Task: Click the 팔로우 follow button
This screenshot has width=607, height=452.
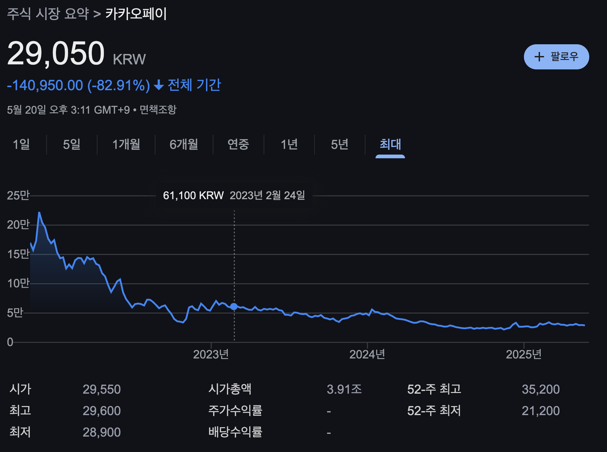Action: [556, 57]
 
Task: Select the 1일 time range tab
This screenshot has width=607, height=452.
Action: [21, 145]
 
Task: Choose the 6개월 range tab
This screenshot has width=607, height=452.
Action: [184, 145]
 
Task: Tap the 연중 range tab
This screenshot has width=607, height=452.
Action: [238, 145]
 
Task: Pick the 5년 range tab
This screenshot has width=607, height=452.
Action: [339, 145]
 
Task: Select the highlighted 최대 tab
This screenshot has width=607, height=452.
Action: [390, 145]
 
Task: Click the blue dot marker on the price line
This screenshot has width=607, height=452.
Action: [234, 306]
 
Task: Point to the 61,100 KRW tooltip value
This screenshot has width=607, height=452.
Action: [193, 195]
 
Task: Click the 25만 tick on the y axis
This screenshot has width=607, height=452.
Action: [18, 195]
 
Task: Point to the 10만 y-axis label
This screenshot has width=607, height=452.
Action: [18, 284]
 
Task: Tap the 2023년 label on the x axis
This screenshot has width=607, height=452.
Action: [211, 354]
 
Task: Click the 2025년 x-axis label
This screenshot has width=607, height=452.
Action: [523, 354]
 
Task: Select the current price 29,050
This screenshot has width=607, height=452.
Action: [56, 54]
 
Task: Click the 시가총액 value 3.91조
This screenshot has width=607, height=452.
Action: [344, 389]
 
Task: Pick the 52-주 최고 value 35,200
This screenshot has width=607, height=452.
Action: [540, 389]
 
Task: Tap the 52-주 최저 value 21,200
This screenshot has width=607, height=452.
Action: [540, 411]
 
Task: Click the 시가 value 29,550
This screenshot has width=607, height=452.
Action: [102, 389]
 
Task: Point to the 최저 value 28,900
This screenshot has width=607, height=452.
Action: [102, 432]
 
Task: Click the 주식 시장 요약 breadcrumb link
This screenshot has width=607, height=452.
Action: [48, 14]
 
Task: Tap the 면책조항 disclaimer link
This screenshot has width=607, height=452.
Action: [158, 110]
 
